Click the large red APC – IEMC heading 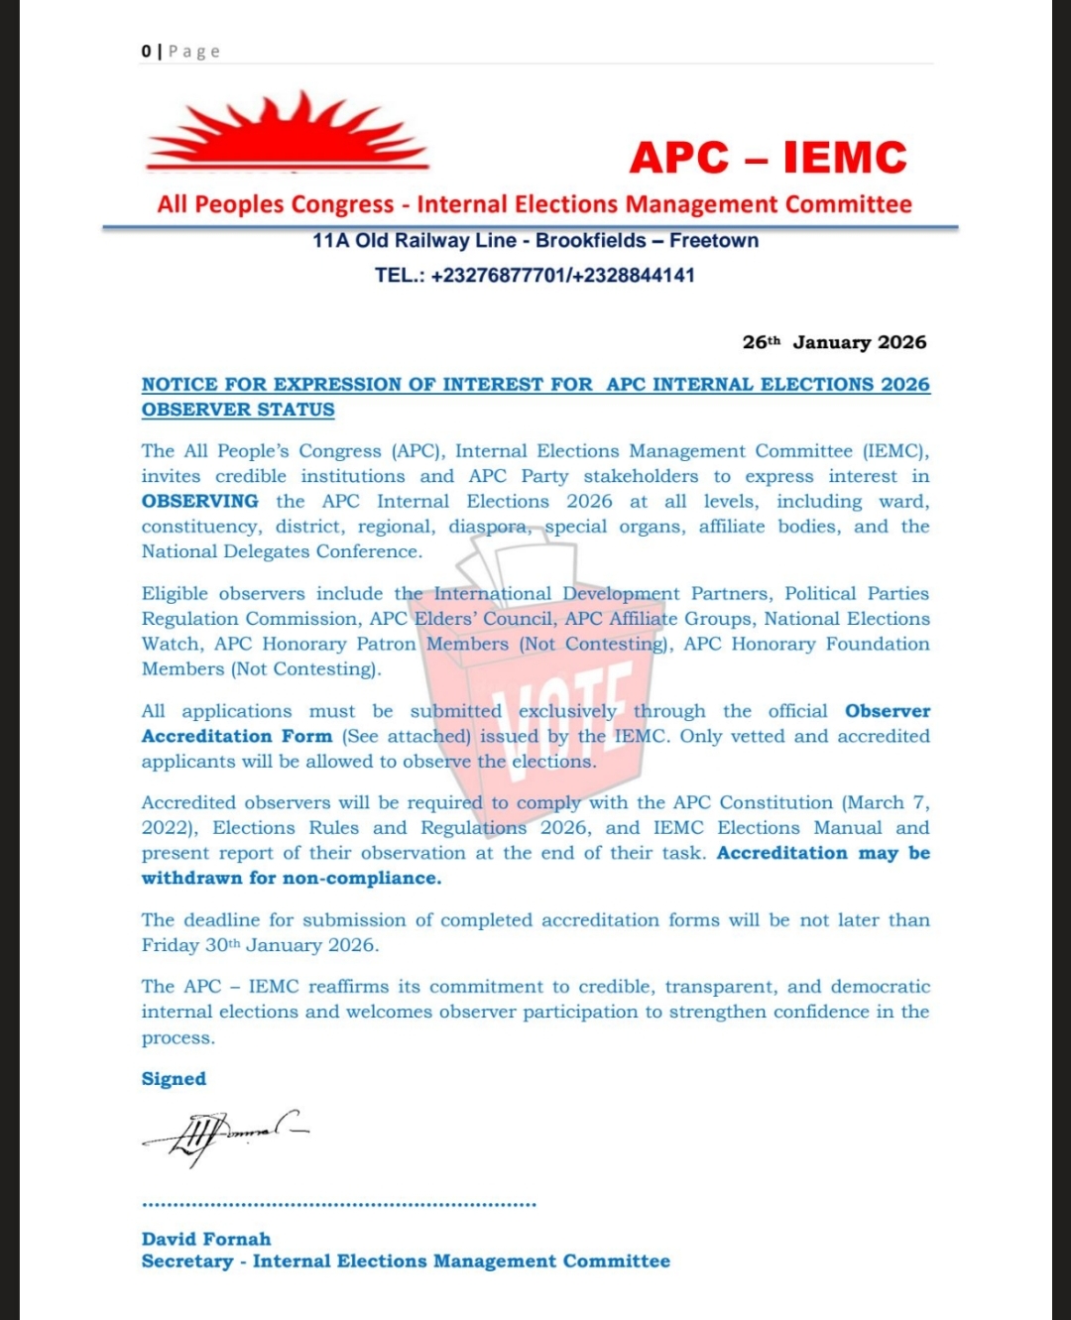(768, 158)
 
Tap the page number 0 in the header (147, 52)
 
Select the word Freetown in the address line (714, 240)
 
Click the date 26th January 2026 (834, 342)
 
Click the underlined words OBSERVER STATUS (238, 410)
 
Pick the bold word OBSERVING (199, 501)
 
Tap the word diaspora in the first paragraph (488, 526)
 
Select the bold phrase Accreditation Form (237, 736)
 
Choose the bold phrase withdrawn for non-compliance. (292, 878)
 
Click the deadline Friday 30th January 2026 (260, 945)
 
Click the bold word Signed (174, 1079)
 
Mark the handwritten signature (224, 1135)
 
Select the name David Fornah (206, 1239)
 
